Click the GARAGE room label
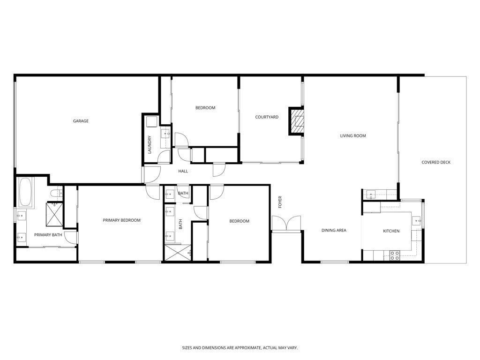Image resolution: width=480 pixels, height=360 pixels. click(81, 121)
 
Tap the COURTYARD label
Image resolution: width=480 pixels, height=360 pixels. click(267, 117)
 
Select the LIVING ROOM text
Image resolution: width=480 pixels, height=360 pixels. click(352, 136)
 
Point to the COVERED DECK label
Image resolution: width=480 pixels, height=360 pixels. click(436, 163)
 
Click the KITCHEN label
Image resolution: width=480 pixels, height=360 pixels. click(391, 231)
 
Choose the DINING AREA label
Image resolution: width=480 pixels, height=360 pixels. click(334, 231)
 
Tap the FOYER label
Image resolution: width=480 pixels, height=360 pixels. click(280, 202)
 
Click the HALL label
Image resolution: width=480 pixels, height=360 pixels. click(183, 172)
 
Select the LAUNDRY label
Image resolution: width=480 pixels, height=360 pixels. click(150, 145)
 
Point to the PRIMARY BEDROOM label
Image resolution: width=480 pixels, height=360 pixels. click(121, 220)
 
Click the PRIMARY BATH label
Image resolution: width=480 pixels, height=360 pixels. click(48, 235)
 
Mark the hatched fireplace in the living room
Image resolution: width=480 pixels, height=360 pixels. click(297, 121)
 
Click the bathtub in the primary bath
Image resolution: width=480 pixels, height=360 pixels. click(25, 193)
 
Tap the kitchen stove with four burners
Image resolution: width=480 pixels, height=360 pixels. click(394, 255)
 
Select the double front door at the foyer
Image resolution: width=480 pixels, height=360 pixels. click(286, 224)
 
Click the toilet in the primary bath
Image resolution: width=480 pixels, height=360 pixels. click(54, 193)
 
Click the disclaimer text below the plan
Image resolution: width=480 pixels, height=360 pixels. click(240, 348)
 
